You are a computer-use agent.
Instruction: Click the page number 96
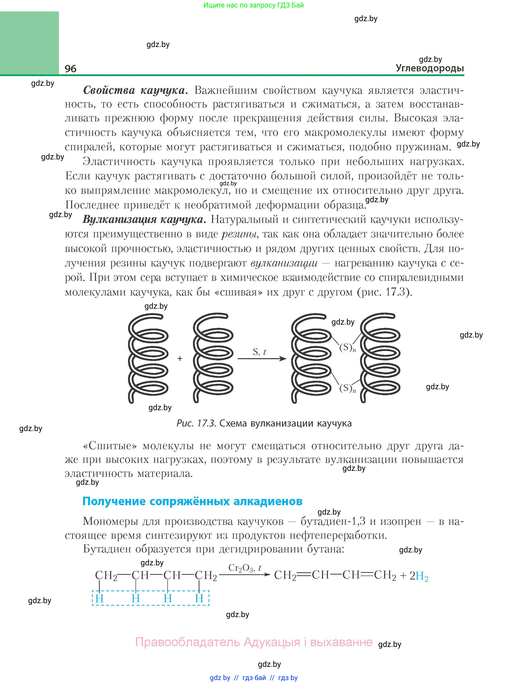(70, 69)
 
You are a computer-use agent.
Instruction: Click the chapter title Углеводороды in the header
(430, 68)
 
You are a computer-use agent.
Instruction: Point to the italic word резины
(239, 234)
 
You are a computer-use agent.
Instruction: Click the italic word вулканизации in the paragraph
(284, 263)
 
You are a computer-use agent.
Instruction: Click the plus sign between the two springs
(180, 359)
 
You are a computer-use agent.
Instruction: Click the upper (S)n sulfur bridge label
(347, 347)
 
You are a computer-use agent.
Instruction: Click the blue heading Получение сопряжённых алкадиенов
(192, 501)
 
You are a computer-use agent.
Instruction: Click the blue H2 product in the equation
(422, 576)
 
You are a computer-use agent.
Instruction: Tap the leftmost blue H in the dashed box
(99, 598)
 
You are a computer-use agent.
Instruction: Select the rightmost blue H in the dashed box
(199, 598)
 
